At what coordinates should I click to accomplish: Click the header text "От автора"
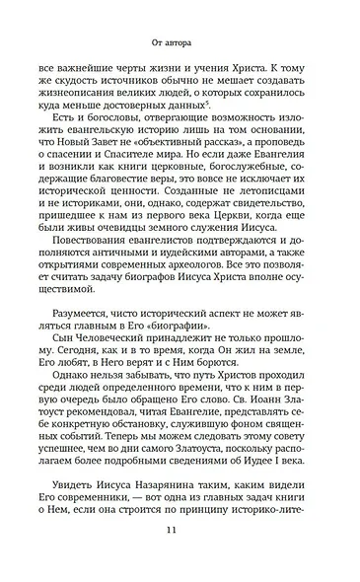(180, 42)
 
